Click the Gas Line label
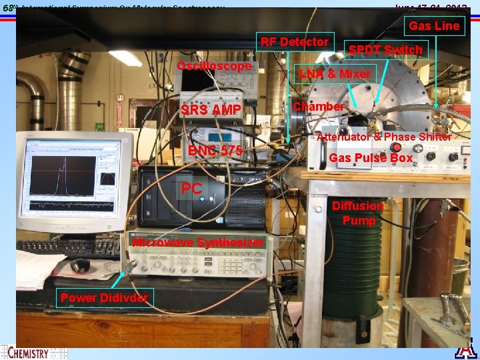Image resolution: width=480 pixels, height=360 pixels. click(x=434, y=26)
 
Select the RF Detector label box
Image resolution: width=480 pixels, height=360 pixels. click(x=294, y=42)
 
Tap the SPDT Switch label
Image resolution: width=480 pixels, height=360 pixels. click(x=385, y=50)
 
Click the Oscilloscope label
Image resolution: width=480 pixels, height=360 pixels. click(x=214, y=66)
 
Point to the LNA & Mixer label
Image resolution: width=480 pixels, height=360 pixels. click(x=335, y=73)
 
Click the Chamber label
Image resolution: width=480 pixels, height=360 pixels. click(x=319, y=107)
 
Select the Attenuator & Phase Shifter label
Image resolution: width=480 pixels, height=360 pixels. click(x=384, y=137)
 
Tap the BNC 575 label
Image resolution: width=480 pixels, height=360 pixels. click(x=215, y=151)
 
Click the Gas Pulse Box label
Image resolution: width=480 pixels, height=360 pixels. click(x=371, y=158)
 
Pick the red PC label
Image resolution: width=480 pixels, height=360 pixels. click(x=191, y=189)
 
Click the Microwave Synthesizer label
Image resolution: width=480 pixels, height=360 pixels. click(x=198, y=242)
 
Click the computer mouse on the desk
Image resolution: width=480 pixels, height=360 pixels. click(x=80, y=265)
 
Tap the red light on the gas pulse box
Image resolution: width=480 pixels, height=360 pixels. click(x=394, y=146)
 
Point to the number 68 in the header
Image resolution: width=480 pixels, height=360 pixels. click(x=8, y=8)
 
